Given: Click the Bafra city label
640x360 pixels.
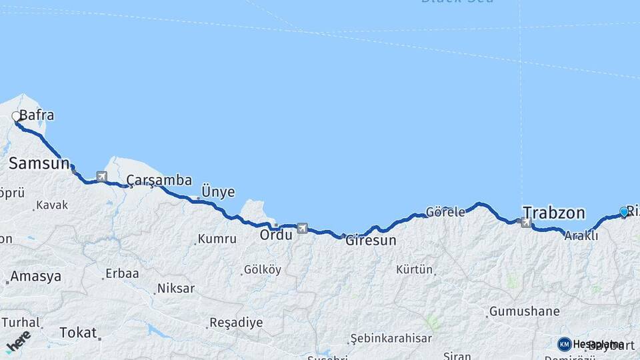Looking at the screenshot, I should pyautogui.click(x=37, y=115).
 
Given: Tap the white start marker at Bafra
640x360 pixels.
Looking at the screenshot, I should pyautogui.click(x=16, y=117).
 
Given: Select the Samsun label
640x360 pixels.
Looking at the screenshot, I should pyautogui.click(x=39, y=163).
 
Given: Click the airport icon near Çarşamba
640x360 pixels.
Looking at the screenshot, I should pyautogui.click(x=101, y=177).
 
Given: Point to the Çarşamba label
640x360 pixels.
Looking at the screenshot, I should pyautogui.click(x=159, y=180).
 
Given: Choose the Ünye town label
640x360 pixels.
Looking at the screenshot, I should pyautogui.click(x=218, y=192).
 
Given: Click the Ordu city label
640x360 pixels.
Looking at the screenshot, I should pyautogui.click(x=276, y=235).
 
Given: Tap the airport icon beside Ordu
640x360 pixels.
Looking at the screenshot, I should pyautogui.click(x=302, y=228).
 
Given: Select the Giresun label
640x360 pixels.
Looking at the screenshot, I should pyautogui.click(x=371, y=240).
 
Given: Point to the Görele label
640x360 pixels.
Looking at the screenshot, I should pyautogui.click(x=445, y=212).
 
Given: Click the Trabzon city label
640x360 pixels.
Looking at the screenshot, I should pyautogui.click(x=554, y=213).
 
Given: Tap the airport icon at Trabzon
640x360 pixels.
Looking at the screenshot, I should pyautogui.click(x=526, y=223).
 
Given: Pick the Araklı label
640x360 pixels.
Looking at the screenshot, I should pyautogui.click(x=576, y=236).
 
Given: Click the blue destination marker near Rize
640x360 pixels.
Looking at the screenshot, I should pyautogui.click(x=624, y=211).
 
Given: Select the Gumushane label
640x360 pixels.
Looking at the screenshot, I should pyautogui.click(x=524, y=311).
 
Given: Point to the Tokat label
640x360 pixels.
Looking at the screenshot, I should pyautogui.click(x=78, y=332).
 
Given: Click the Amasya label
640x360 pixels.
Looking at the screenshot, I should pyautogui.click(x=36, y=276).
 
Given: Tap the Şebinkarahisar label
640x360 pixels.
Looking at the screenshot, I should pyautogui.click(x=391, y=339).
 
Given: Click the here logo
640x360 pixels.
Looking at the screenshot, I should pyautogui.click(x=18, y=341).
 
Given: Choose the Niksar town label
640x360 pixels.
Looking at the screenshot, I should pyautogui.click(x=175, y=289).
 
